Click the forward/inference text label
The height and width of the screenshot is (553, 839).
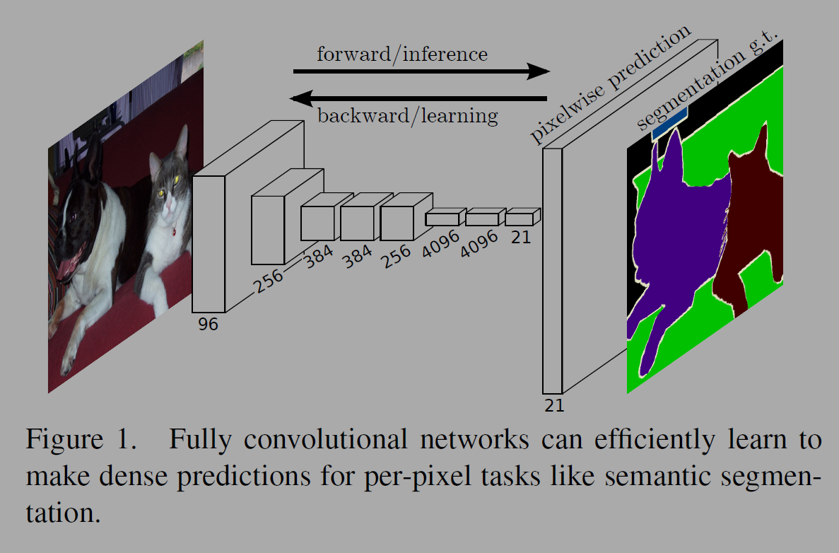pos(401,54)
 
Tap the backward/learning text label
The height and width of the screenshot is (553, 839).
pos(407,115)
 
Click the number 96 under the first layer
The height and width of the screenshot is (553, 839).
pos(208,325)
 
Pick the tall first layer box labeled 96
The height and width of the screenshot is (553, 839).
pos(209,244)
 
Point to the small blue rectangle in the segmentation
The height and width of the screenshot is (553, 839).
pos(669,122)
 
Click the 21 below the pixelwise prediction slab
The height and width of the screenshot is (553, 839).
pos(554,405)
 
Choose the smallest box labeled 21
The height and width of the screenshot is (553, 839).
pos(519,219)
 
